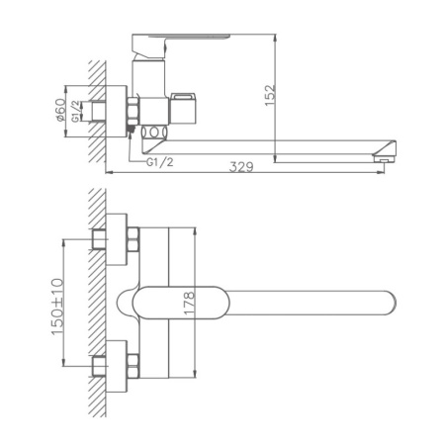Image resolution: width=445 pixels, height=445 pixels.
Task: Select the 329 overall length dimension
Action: (x=238, y=167)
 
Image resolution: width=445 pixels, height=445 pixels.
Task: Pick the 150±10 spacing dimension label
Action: (x=56, y=303)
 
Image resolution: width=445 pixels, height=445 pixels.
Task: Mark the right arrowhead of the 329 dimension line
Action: (x=384, y=174)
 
